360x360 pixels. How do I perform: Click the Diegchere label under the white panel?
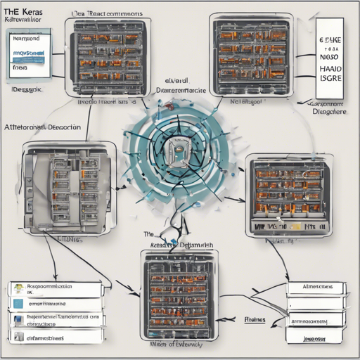[x=329, y=110]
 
